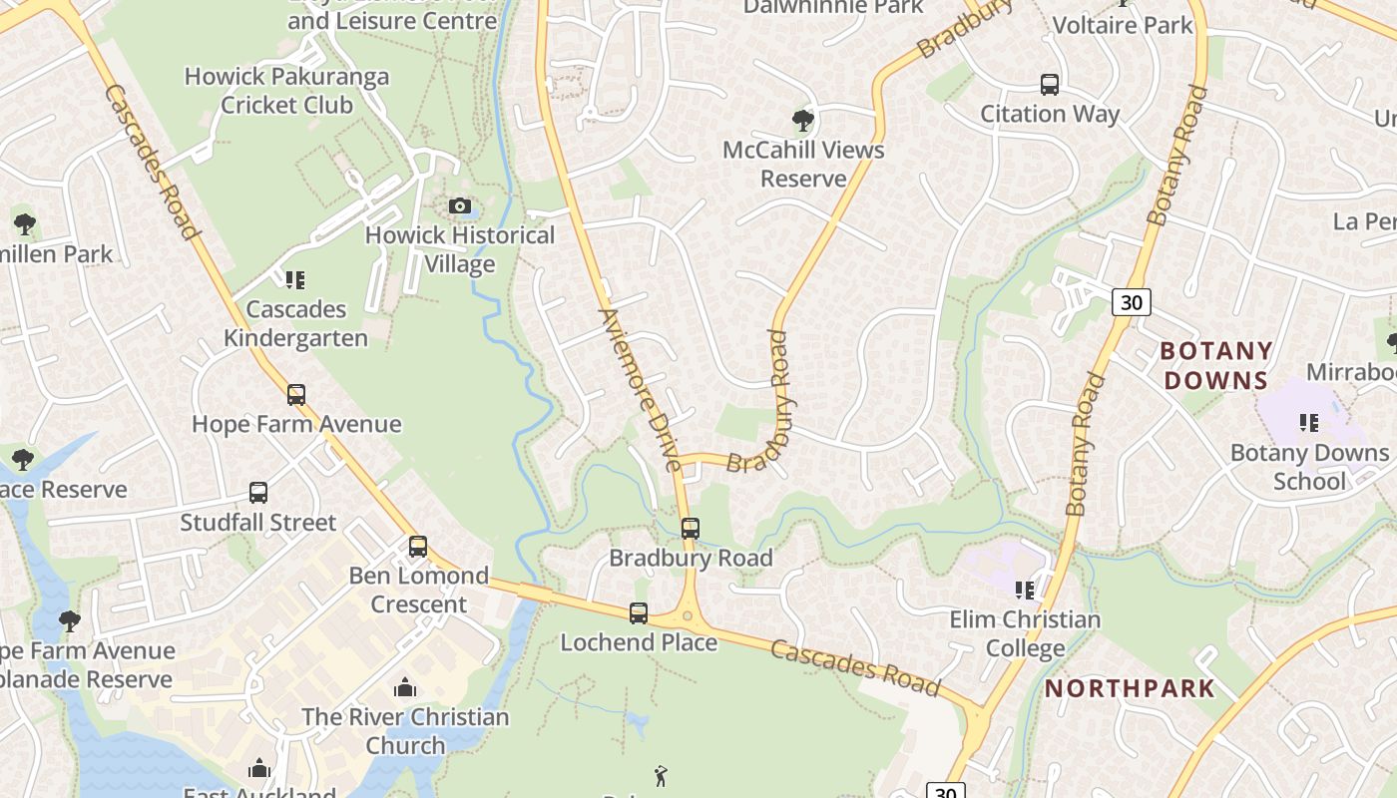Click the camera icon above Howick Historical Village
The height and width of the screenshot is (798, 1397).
pos(460,206)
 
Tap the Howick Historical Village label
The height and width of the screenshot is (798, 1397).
pos(460,249)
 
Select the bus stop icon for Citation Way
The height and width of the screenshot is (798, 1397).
pos(1049,85)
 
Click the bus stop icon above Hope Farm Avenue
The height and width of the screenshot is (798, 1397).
pos(296,395)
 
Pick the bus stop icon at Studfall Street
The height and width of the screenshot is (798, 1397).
pos(258,493)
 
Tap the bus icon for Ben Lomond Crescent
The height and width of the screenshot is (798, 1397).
pos(418,547)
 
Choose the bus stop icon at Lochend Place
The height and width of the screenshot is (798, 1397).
pos(639,613)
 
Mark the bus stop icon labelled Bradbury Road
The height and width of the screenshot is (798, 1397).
pos(691,529)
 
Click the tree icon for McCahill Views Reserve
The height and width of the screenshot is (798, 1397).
pos(802,122)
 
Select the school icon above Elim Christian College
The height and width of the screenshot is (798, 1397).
pos(1025,591)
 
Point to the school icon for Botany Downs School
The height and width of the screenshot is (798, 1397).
pos(1309,423)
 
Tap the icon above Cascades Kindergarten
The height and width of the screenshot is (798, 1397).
pos(295,280)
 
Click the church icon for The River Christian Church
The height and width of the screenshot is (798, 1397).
pos(405,687)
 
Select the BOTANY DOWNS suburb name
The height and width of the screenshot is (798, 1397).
pos(1216,365)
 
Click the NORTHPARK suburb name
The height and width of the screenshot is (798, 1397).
pos(1130,688)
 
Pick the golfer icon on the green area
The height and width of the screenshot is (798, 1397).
pos(660,776)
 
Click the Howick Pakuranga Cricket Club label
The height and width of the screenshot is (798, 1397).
pos(269,90)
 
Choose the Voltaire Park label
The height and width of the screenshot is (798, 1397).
pos(1123,25)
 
